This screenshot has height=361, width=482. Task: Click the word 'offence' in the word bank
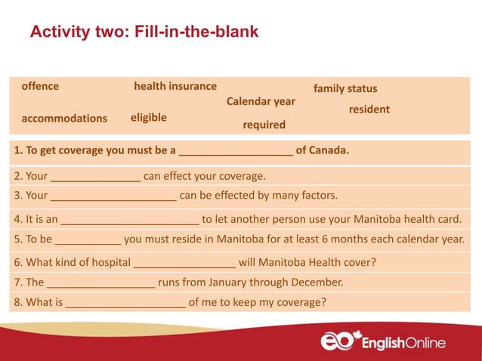tap(40, 86)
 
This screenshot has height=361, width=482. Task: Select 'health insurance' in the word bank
tap(175, 86)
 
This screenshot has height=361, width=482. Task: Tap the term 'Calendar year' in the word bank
tap(261, 101)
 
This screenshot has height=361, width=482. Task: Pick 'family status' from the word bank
tap(345, 89)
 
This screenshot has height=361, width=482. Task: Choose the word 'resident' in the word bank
tap(369, 110)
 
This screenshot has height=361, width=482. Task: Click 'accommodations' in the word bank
tap(64, 119)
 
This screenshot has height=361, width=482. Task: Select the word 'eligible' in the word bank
tap(149, 118)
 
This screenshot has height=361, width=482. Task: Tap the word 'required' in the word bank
tap(264, 125)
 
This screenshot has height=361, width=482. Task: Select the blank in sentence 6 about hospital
tap(184, 264)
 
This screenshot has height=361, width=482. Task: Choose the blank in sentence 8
tap(125, 304)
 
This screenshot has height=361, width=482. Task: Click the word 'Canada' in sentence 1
tap(327, 150)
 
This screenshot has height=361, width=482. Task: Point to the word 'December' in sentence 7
tap(316, 283)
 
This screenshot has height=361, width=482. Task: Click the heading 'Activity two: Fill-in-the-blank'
tap(144, 32)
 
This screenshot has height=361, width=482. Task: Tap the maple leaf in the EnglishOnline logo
tap(357, 335)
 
